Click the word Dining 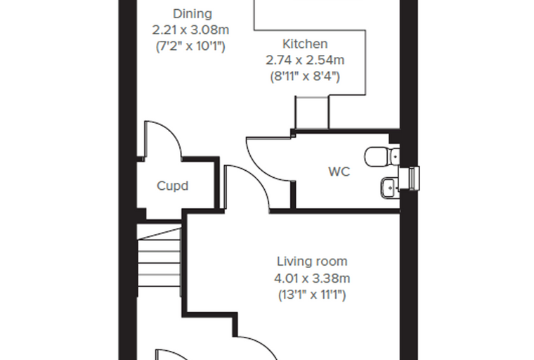coord(193,14)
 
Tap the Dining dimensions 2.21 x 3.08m coord(190,30)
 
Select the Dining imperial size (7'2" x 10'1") coord(190,46)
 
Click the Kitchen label coord(305,44)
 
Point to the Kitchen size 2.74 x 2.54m coord(305,60)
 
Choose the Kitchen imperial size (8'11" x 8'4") coord(305,76)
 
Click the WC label coord(339,172)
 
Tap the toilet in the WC coord(382,156)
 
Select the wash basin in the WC coord(389,188)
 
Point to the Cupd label coord(172,186)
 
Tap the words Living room coord(312,262)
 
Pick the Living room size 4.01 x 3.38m coord(312,278)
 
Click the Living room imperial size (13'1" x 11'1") coord(312,295)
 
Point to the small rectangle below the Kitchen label coord(312,112)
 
